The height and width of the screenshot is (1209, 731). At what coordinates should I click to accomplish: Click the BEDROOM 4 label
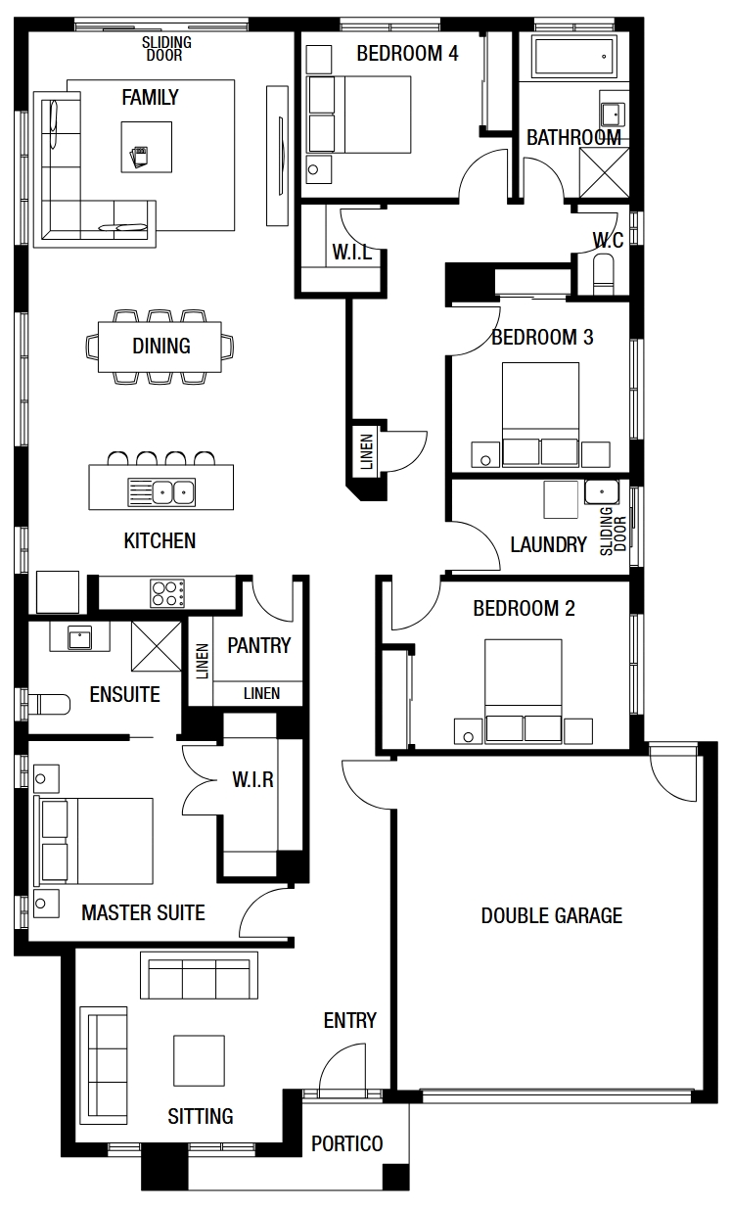407,54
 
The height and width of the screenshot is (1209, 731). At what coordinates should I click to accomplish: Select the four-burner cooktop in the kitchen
167,593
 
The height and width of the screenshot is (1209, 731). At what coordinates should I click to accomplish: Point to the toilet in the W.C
603,271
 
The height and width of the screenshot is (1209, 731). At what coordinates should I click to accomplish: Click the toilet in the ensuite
49,704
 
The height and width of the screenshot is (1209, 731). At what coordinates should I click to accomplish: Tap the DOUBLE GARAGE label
551,915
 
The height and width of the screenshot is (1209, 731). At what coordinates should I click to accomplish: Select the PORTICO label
346,1143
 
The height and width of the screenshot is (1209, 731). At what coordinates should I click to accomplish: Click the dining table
160,348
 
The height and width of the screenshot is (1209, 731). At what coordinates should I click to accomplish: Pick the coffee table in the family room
147,148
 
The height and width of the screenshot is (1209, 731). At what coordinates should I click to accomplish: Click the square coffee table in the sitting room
199,1060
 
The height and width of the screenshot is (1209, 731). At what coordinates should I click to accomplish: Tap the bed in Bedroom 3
540,414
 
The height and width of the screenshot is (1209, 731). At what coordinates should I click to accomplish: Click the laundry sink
602,491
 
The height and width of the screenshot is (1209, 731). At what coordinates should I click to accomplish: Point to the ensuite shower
157,647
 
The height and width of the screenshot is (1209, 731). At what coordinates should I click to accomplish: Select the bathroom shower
604,172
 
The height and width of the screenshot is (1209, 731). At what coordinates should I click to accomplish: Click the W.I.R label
252,779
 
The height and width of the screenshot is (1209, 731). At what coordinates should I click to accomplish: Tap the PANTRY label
259,645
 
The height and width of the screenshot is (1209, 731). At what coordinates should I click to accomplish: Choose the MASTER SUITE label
143,912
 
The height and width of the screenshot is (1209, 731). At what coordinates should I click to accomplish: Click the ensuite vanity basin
80,637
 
